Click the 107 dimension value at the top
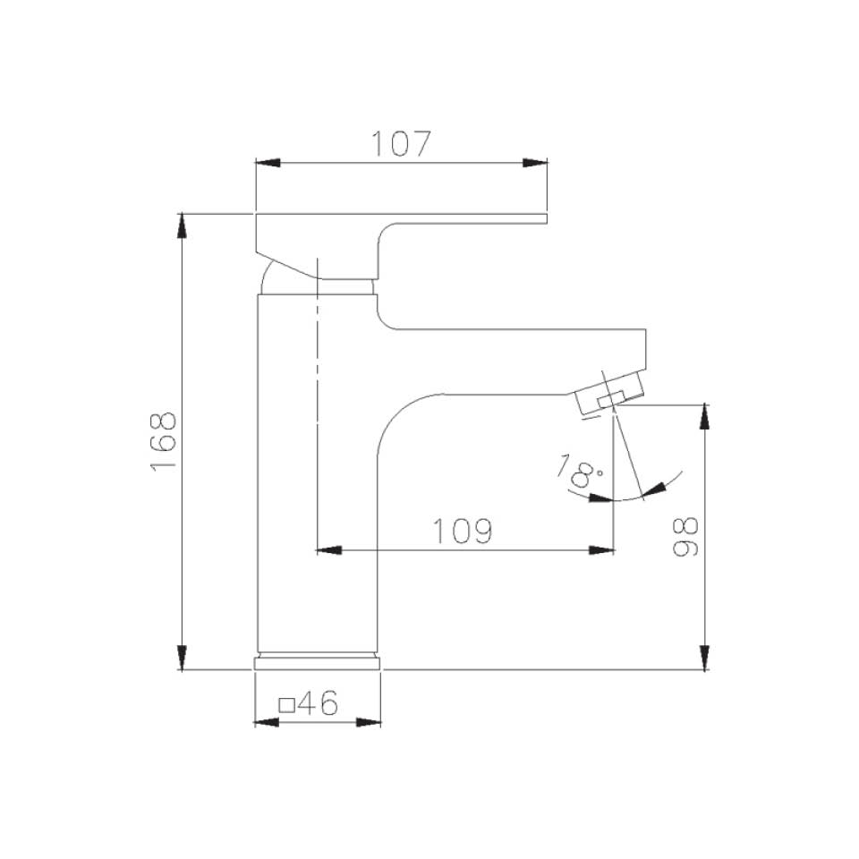click(x=402, y=143)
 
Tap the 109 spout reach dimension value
click(x=464, y=532)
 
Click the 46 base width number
click(x=318, y=705)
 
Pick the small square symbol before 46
click(x=287, y=705)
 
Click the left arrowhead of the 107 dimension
click(x=268, y=162)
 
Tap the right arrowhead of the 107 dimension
click(x=535, y=162)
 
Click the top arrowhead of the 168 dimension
click(x=183, y=225)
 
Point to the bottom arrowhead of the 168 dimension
click(x=183, y=658)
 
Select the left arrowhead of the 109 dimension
click(x=329, y=549)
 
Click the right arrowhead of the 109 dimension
click(x=602, y=549)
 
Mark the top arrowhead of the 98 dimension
click(x=705, y=417)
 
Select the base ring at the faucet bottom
click(x=318, y=663)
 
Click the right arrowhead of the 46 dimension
click(x=369, y=722)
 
